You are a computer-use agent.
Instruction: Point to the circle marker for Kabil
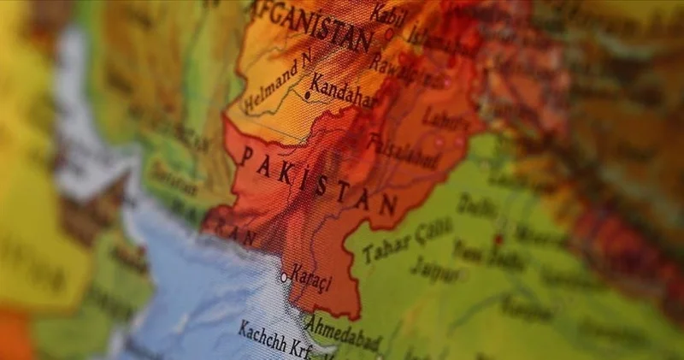[390, 35]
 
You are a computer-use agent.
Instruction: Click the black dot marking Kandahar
[307, 95]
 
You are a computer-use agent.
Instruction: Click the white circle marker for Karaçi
[285, 278]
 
